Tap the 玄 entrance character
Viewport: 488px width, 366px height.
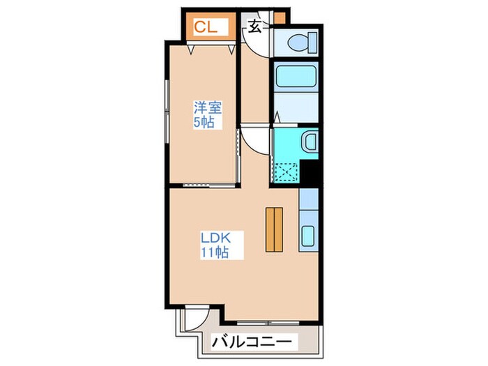coord(255,27)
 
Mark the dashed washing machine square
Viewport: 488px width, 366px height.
coord(284,171)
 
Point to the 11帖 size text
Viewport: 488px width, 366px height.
coord(214,252)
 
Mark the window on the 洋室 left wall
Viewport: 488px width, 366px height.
coord(167,112)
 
